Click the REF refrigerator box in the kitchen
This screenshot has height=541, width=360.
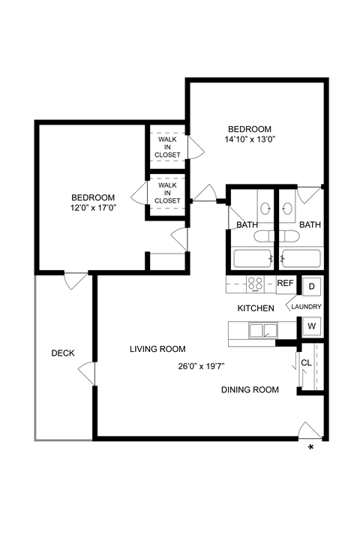[285, 284]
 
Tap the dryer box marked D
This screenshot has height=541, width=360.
[311, 286]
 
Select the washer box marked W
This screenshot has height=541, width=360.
[311, 326]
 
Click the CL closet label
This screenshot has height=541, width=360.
[306, 362]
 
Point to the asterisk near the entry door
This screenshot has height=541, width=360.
[311, 449]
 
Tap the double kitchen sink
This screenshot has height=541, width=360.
[262, 329]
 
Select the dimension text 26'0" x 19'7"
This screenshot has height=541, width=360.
[202, 367]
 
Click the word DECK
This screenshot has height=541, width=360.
[63, 353]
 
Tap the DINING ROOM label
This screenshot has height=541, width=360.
[250, 389]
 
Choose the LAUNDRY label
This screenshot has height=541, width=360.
[306, 307]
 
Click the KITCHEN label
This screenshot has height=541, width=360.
[256, 308]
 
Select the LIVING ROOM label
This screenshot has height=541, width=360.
[157, 349]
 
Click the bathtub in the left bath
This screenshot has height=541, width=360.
[251, 259]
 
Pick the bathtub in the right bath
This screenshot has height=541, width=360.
[301, 259]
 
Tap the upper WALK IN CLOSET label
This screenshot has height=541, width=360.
[168, 146]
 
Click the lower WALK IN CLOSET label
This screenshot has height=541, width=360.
[168, 194]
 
